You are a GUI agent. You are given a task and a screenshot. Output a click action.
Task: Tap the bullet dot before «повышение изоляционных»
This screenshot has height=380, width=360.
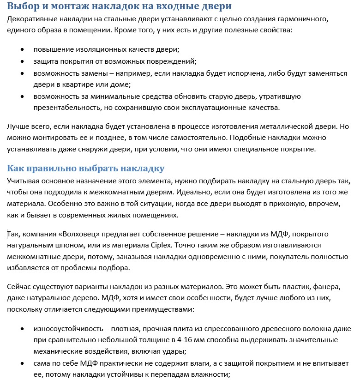(x=22, y=49)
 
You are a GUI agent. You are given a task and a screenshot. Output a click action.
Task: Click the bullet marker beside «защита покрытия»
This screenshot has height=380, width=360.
(x=22, y=61)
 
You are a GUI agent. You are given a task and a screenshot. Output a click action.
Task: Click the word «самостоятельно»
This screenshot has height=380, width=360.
(x=199, y=138)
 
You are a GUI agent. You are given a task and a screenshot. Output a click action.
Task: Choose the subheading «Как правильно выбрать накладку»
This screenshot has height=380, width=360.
(x=86, y=168)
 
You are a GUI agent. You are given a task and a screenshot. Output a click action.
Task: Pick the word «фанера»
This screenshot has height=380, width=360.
(x=328, y=287)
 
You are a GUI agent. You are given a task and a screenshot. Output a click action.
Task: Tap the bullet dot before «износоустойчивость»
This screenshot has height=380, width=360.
(x=22, y=329)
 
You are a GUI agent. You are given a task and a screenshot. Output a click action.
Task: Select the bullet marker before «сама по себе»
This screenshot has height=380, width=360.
(x=22, y=363)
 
